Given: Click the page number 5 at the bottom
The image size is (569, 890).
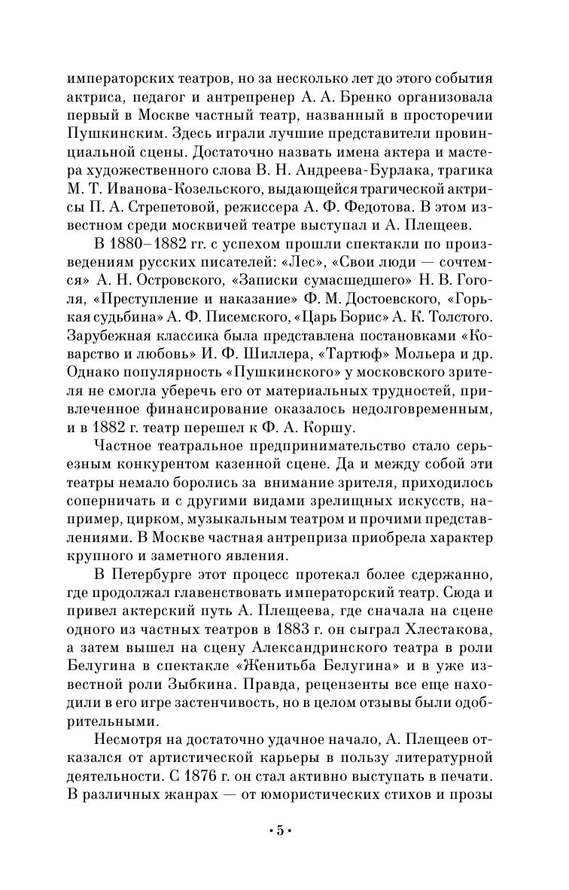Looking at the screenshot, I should click(279, 831).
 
